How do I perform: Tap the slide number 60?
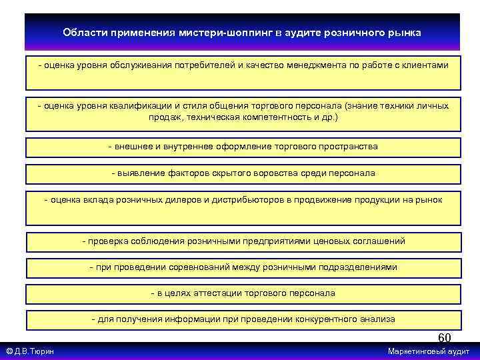(x=444, y=339)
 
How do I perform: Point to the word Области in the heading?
(x=83, y=33)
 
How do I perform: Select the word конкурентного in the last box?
(x=315, y=319)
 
